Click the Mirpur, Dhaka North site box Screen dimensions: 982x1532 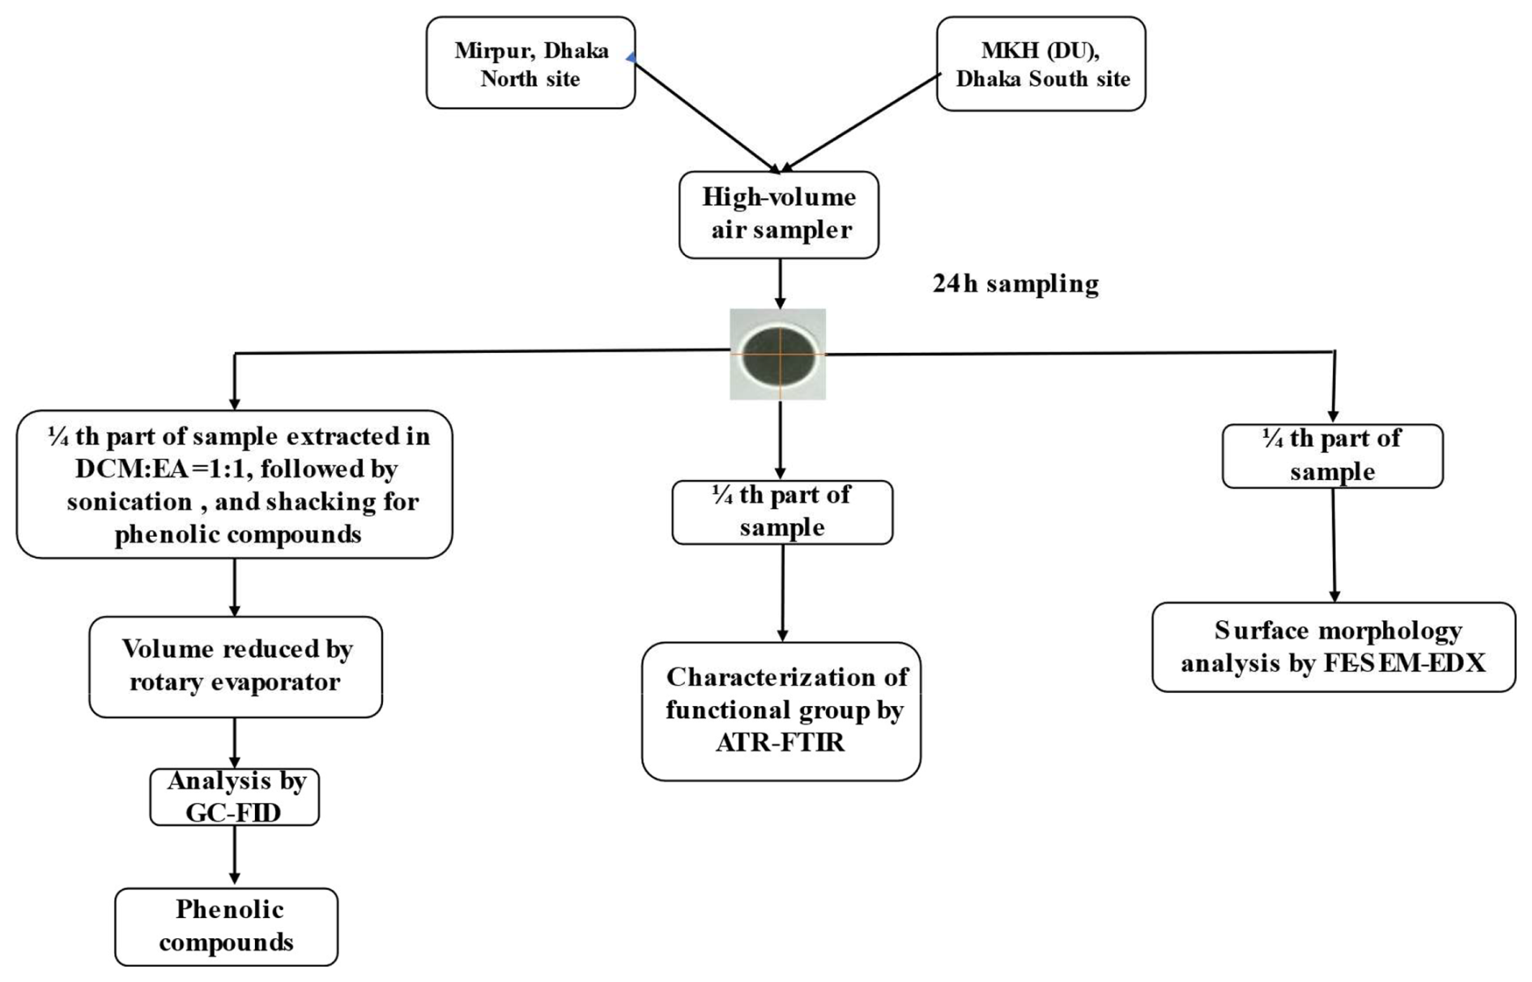[530, 63]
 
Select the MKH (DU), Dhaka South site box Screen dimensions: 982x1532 [1040, 64]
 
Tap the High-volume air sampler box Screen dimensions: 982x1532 [778, 215]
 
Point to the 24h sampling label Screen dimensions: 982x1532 [1015, 284]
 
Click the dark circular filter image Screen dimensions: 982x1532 [778, 355]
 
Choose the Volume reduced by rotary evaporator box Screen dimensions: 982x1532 [236, 666]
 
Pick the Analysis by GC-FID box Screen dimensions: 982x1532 [235, 797]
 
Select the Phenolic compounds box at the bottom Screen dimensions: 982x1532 [227, 926]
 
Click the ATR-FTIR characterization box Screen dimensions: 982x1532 [781, 711]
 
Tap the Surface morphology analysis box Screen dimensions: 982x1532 [1333, 647]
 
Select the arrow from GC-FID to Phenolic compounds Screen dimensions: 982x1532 [235, 856]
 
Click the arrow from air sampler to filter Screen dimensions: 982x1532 [780, 283]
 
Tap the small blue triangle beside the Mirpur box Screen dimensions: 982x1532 [631, 57]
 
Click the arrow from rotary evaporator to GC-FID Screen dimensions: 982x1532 [235, 742]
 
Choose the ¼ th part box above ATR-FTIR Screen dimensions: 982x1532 [782, 512]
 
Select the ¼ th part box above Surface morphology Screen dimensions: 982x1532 [1332, 456]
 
